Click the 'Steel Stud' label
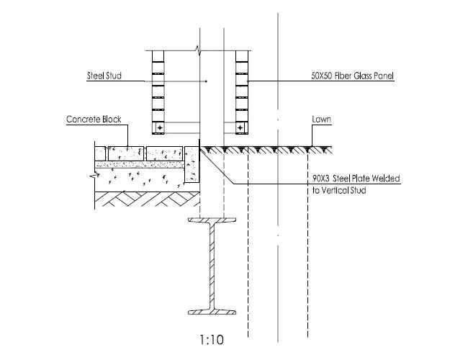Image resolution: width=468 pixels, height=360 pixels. (x=104, y=76)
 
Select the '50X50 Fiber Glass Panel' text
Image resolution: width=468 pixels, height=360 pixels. (x=353, y=76)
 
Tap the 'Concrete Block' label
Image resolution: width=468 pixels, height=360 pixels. (x=94, y=119)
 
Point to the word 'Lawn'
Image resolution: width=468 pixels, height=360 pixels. (x=321, y=119)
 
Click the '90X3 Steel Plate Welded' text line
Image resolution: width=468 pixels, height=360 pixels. (x=356, y=179)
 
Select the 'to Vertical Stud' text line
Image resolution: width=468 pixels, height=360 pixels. (x=339, y=190)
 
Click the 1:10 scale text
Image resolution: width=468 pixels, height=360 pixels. (x=211, y=340)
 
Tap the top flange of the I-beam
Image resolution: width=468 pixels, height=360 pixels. (x=212, y=220)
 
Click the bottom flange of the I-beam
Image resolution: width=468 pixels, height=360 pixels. (x=212, y=312)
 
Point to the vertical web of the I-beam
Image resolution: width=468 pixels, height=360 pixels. (x=212, y=266)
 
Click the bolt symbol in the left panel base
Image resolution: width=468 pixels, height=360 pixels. (x=160, y=128)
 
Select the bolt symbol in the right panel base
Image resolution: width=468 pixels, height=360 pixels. (x=240, y=128)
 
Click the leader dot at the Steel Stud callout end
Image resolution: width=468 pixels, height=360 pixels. (x=206, y=81)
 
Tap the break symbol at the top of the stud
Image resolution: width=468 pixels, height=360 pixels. (x=198, y=50)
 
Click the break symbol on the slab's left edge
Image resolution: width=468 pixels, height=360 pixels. (x=93, y=176)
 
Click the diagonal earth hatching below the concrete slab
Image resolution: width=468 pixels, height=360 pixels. (x=147, y=199)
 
